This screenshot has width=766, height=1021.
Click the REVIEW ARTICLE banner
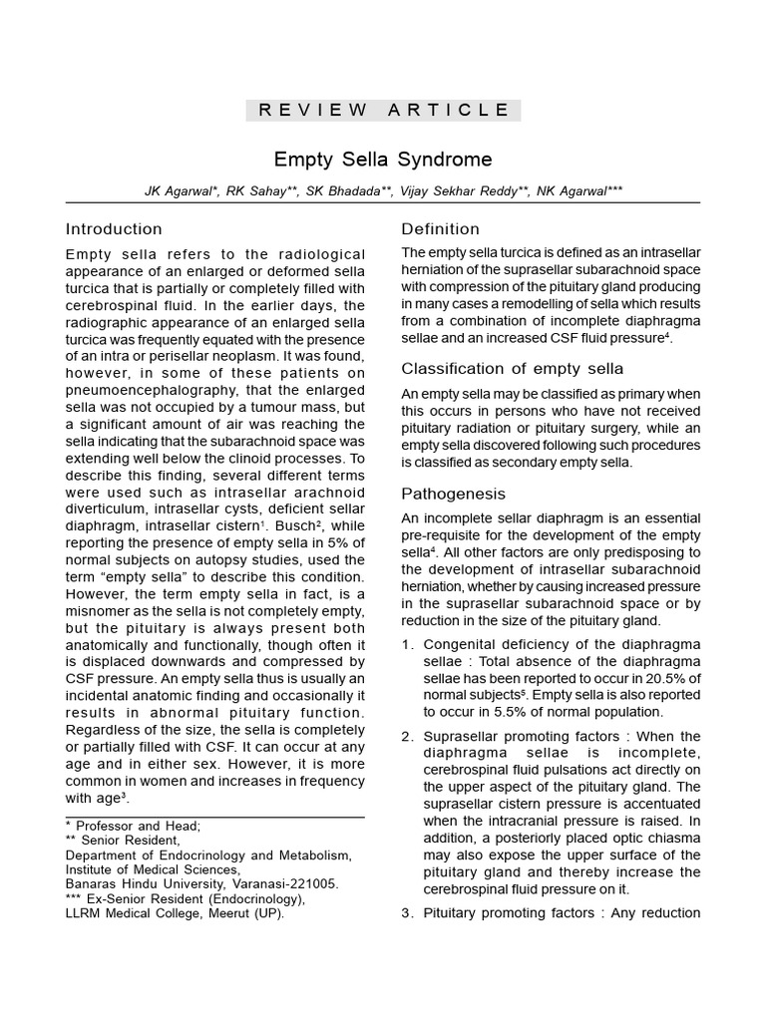pyautogui.click(x=383, y=110)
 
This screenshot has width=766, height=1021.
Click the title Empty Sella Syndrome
pyautogui.click(x=383, y=160)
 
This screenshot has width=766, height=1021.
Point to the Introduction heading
pyautogui.click(x=114, y=229)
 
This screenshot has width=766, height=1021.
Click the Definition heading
pyautogui.click(x=440, y=229)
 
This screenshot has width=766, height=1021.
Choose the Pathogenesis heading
pyautogui.click(x=453, y=494)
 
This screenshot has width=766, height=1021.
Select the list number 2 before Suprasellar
pyautogui.click(x=407, y=737)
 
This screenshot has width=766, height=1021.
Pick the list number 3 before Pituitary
pyautogui.click(x=407, y=912)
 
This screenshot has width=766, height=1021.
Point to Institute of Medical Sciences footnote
pyautogui.click(x=154, y=869)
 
